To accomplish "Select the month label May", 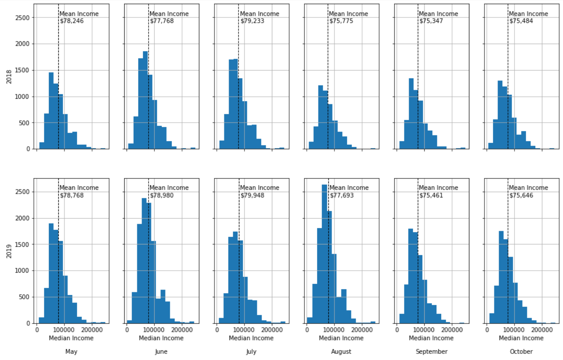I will click(71, 352).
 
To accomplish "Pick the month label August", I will click(341, 352).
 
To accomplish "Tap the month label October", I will click(521, 352).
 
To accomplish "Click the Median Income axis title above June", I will click(161, 338).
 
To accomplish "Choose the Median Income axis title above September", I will click(431, 338).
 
